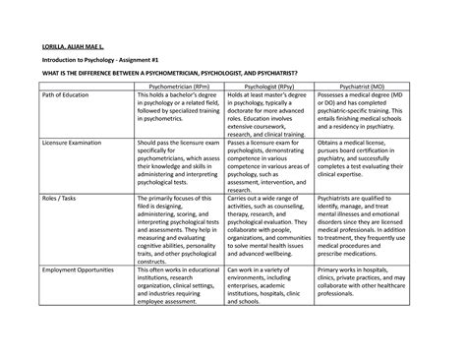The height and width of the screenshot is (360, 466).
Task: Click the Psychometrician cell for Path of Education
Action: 173,117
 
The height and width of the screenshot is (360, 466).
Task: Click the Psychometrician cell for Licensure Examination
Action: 173,166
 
